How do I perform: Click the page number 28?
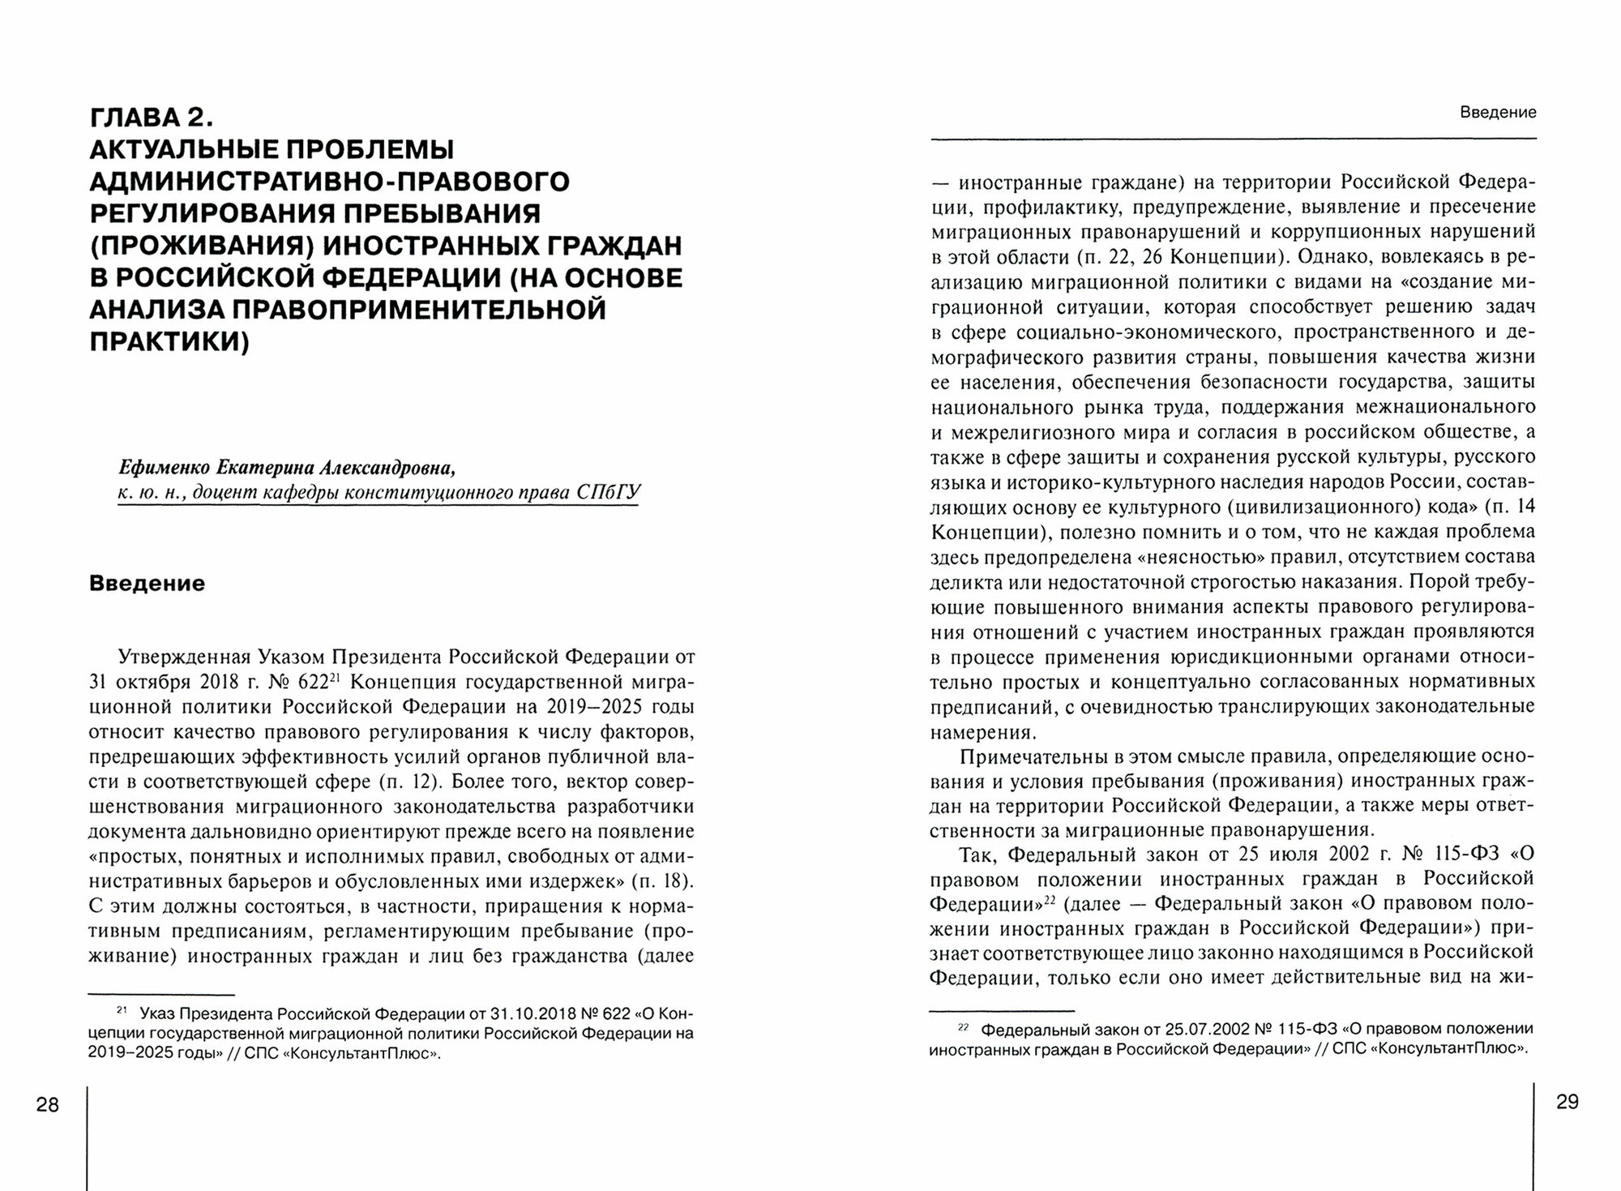pyautogui.click(x=48, y=1104)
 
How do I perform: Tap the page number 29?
pyautogui.click(x=1568, y=1102)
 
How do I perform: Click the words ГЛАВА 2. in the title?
pyautogui.click(x=152, y=118)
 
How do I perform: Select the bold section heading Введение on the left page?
pyautogui.click(x=147, y=584)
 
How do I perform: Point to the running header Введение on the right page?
pyautogui.click(x=1498, y=113)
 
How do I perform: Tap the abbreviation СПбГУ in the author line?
pyautogui.click(x=609, y=492)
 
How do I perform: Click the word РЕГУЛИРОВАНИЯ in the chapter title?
pyautogui.click(x=202, y=213)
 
